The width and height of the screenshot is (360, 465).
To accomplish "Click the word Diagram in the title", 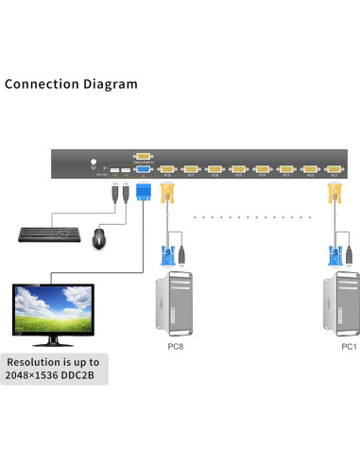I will point(111,84).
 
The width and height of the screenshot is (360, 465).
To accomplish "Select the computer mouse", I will point(98,238).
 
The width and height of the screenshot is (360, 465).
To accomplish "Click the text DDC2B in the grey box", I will point(87,375).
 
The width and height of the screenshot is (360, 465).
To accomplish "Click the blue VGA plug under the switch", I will point(143,194).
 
